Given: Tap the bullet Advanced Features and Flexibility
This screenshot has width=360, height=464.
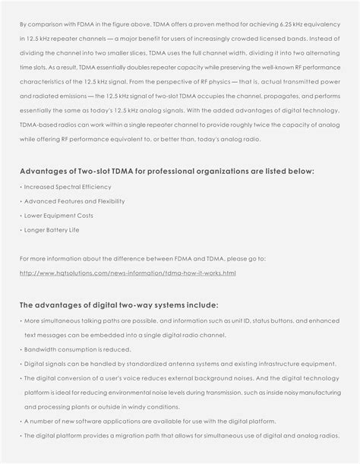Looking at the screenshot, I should [74, 201].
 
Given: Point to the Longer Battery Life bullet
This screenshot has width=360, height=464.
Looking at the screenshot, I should [52, 229].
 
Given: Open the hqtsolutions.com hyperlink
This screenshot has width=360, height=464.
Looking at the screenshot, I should [128, 272].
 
